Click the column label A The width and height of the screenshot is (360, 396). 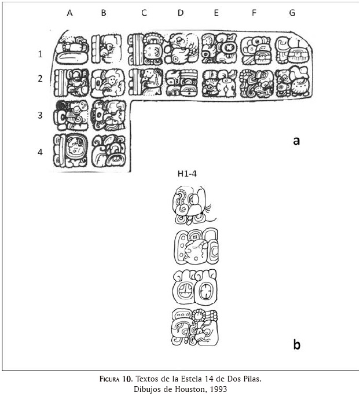(x=69, y=13)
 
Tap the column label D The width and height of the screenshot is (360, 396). (x=180, y=13)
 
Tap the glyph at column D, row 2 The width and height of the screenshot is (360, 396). (x=182, y=82)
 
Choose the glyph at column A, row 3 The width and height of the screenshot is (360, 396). (x=71, y=115)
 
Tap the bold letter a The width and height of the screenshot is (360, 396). (x=296, y=140)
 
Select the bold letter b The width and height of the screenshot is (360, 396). (x=296, y=345)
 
